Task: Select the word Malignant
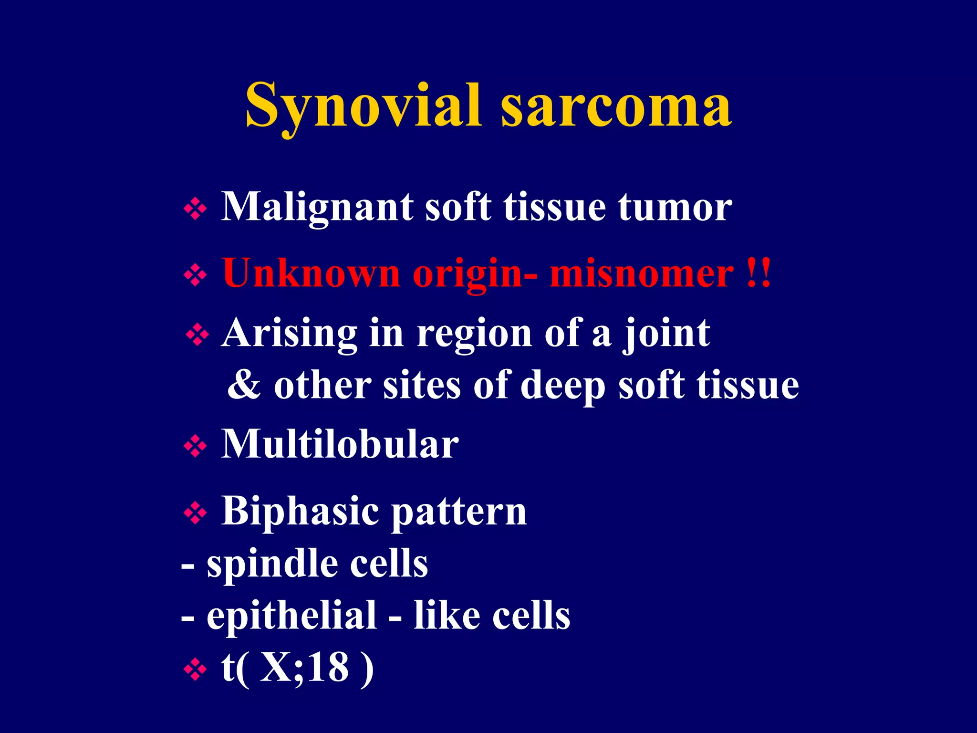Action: pos(317,208)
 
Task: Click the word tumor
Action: pos(675,208)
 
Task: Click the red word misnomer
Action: pos(642,274)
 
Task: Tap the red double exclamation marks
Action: pos(759,273)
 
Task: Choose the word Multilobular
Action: pos(340,445)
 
